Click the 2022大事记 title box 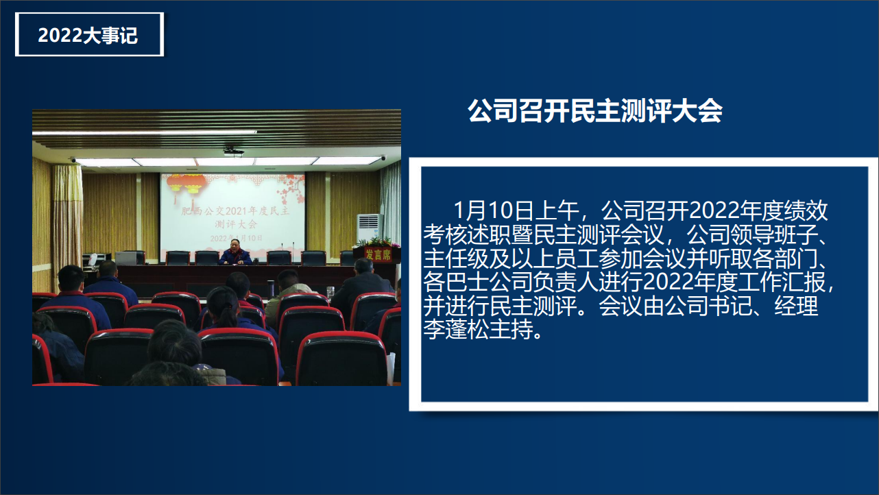[89, 34]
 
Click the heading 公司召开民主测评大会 [595, 111]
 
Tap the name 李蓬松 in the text [457, 330]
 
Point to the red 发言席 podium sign [378, 255]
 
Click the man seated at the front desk [235, 252]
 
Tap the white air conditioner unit [369, 228]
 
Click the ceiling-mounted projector [234, 152]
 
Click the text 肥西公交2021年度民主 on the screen [234, 211]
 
